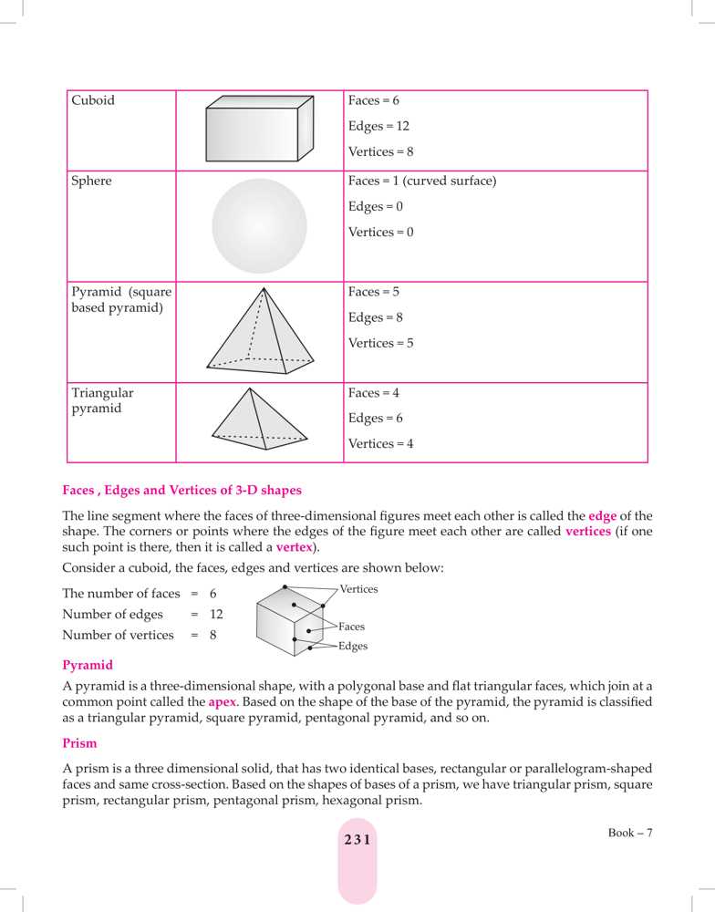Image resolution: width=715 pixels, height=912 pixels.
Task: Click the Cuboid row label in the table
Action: (x=93, y=101)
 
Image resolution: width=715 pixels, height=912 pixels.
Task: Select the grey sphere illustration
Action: (x=259, y=226)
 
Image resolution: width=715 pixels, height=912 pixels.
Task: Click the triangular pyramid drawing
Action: (x=259, y=419)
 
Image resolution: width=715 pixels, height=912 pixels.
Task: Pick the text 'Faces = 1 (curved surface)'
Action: (x=422, y=181)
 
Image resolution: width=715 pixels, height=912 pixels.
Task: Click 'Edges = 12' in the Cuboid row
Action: (x=378, y=127)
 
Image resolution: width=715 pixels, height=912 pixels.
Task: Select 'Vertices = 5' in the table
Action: (x=380, y=344)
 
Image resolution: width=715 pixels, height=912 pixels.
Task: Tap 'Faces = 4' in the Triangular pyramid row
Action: (x=374, y=393)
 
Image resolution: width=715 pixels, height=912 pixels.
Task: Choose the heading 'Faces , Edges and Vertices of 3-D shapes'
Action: (x=181, y=491)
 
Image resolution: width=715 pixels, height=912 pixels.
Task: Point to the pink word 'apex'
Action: (x=222, y=703)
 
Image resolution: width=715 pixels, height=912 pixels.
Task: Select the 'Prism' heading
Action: (x=79, y=744)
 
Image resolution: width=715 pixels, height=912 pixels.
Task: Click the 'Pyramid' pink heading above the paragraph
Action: (x=88, y=665)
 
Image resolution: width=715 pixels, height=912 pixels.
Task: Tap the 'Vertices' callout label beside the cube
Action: (x=358, y=590)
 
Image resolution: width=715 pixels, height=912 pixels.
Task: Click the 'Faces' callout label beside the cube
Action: (x=351, y=627)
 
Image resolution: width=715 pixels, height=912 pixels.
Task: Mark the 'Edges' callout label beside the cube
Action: (x=352, y=647)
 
